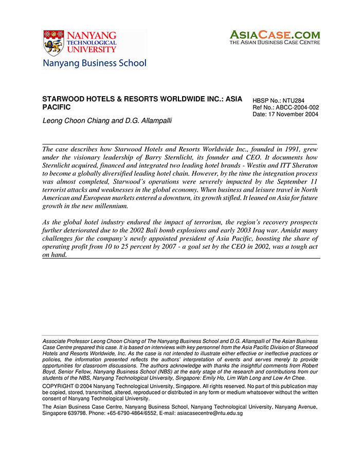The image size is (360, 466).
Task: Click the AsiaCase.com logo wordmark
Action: pos(274,34)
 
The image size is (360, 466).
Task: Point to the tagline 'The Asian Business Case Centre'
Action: pos(274,43)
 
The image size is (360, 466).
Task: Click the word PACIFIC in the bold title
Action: pos(56,107)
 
